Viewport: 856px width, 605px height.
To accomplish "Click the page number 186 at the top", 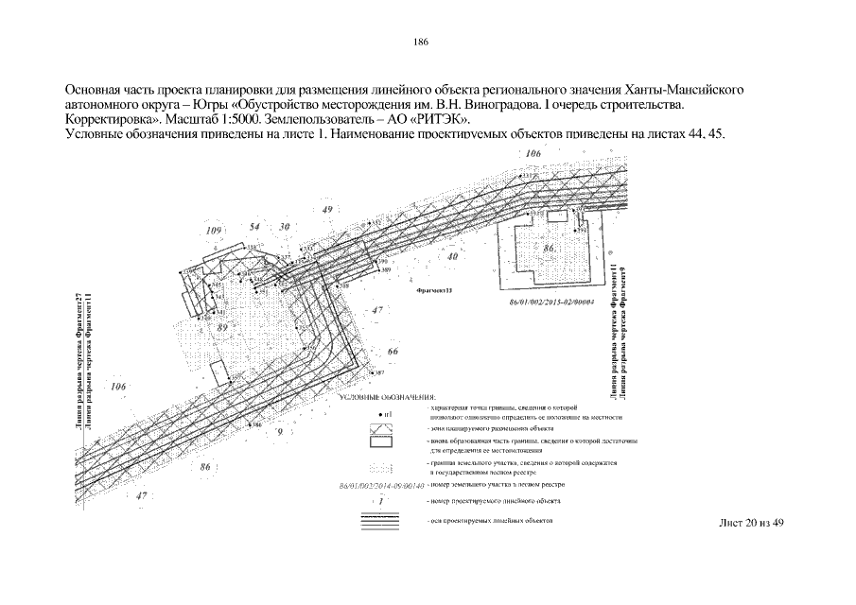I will (x=422, y=42).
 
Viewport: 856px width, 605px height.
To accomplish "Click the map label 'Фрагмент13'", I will (x=435, y=292).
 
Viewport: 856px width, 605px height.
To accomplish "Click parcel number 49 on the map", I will (x=327, y=209).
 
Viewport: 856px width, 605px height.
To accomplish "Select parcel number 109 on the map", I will (x=214, y=231).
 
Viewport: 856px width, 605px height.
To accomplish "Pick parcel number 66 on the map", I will (x=393, y=352).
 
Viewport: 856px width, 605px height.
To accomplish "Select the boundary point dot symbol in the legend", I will (x=381, y=415).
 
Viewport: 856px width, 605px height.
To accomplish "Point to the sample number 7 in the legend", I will (x=379, y=500).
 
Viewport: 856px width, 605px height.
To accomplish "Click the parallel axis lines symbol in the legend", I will (x=379, y=520).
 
